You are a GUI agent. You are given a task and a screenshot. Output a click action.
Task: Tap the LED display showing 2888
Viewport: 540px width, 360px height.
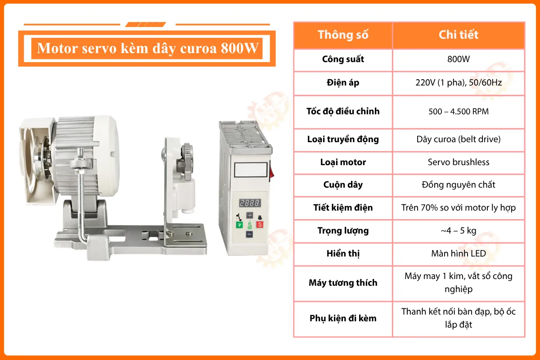249,202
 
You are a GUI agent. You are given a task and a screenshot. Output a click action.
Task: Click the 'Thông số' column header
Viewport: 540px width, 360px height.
343,35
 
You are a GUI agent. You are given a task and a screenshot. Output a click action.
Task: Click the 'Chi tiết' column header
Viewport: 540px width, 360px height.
458,35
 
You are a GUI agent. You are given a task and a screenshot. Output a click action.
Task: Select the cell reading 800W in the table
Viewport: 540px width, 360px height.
458,59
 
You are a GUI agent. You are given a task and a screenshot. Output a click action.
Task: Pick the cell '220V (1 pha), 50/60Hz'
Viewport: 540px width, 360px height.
458,83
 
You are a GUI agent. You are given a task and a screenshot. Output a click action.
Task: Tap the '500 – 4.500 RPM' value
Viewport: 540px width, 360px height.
458,111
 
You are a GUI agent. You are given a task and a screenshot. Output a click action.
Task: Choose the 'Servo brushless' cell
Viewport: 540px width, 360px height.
458,162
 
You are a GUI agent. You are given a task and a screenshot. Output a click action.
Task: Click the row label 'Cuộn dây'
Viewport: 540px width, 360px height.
343,185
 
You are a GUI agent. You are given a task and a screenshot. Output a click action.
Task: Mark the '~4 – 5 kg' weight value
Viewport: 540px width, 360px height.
458,231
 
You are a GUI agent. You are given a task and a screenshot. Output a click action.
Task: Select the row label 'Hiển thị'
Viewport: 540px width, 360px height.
343,254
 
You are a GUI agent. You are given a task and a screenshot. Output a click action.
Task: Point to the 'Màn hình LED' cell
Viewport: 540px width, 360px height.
458,254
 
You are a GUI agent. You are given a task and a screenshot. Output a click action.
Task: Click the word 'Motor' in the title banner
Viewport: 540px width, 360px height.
58,48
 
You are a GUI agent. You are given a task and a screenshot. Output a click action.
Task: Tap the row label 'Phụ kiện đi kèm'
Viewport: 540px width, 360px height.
343,319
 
